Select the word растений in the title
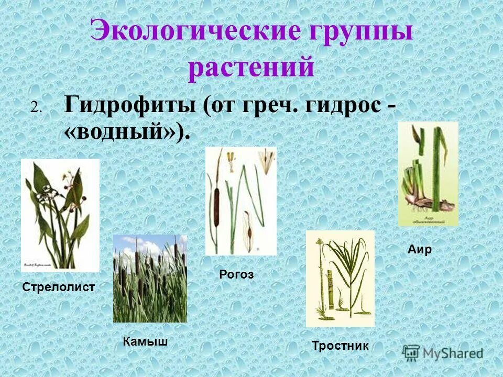pyautogui.click(x=251, y=68)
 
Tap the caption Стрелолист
pyautogui.click(x=59, y=287)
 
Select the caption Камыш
pyautogui.click(x=146, y=342)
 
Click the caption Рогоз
pyautogui.click(x=236, y=274)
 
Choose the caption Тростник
pyautogui.click(x=340, y=346)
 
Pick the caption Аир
pyautogui.click(x=420, y=250)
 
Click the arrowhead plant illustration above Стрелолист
pyautogui.click(x=60, y=215)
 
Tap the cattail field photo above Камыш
pyautogui.click(x=150, y=278)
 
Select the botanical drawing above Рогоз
pyautogui.click(x=240, y=201)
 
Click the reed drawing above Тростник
pyautogui.click(x=340, y=279)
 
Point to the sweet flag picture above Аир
pyautogui.click(x=428, y=174)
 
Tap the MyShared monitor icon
pyautogui.click(x=412, y=353)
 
